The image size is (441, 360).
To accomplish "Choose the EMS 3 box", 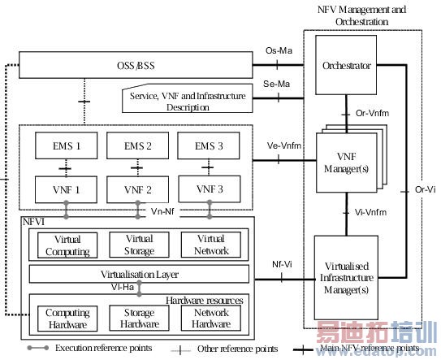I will (208, 146).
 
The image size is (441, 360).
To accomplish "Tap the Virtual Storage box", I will (139, 245).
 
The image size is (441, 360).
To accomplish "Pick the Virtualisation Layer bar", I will (139, 274).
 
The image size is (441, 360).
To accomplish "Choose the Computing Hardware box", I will (67, 319).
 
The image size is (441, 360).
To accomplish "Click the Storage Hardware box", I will (139, 319).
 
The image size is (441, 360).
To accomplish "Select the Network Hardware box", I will (209, 319).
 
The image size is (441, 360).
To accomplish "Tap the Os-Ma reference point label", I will (278, 51).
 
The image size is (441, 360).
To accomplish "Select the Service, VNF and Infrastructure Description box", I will (186, 100).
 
